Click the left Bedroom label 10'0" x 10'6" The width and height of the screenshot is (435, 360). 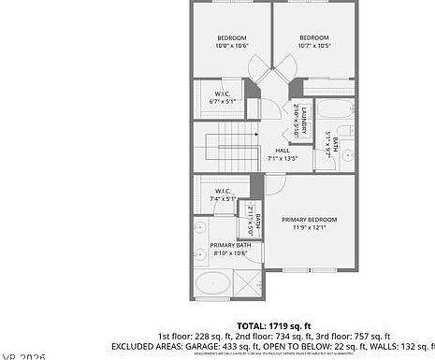(x=231, y=40)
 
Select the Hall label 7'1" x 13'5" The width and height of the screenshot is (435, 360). (x=282, y=154)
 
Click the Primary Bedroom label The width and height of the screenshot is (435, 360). (x=309, y=223)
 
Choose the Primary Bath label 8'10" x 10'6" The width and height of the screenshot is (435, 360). (x=229, y=249)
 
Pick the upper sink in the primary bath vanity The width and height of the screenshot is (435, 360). (x=201, y=227)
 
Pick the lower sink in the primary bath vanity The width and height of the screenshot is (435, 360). (x=201, y=253)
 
